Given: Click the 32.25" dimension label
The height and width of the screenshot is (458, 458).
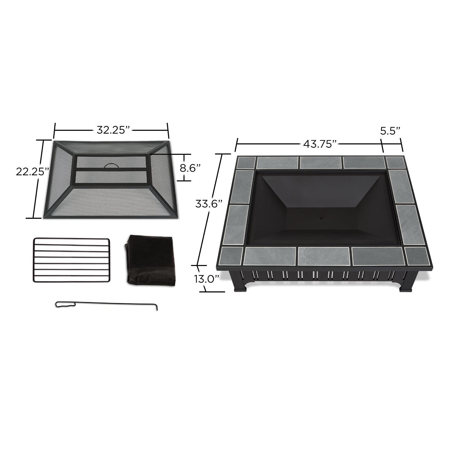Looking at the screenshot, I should [111, 130].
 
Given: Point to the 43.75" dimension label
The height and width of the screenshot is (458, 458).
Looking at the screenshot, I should [322, 144].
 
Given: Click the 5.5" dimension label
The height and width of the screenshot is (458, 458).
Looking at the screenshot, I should [390, 131].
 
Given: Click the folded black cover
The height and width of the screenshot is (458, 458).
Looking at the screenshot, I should [151, 260].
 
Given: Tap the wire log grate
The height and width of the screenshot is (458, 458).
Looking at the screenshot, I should [71, 260].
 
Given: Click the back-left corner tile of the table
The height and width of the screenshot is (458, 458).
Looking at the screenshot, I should [246, 162].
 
